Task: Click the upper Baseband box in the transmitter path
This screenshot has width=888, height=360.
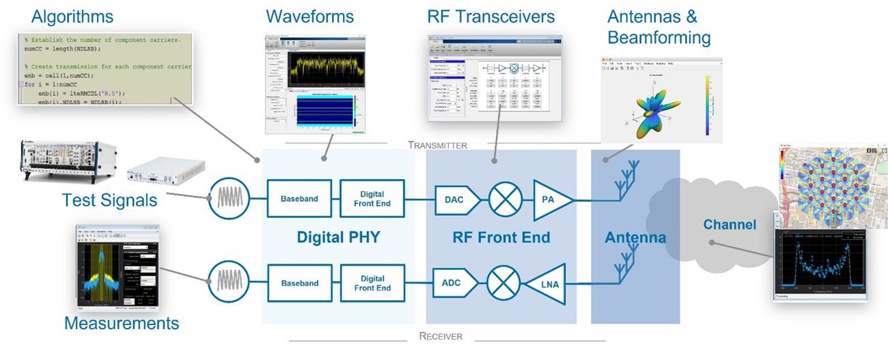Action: coord(299,199)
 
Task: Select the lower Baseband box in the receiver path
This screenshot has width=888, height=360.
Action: coord(299,283)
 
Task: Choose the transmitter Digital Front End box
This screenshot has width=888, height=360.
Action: coord(372,199)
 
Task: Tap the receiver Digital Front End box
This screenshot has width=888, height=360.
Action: coord(372,283)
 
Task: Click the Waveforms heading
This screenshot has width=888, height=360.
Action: coord(309,16)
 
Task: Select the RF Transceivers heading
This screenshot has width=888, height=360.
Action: coord(490,16)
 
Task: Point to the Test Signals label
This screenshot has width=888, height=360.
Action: coord(109,200)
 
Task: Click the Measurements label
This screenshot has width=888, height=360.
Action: coord(122,322)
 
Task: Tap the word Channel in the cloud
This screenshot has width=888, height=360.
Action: coord(730,225)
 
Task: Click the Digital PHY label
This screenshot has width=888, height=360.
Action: coord(338,238)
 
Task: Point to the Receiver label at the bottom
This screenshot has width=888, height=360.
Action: coord(441,336)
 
